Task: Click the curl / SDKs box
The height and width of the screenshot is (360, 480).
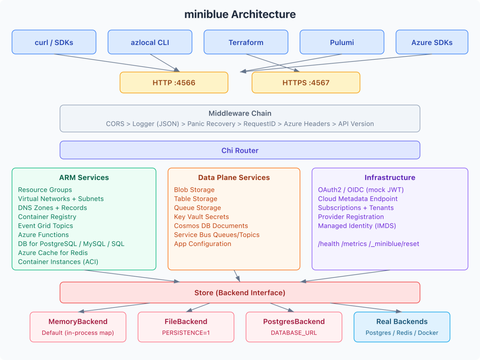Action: (54, 42)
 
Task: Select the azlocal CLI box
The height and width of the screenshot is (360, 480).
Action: (150, 42)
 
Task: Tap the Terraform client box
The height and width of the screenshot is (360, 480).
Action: (246, 42)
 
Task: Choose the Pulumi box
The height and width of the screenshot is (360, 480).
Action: (342, 42)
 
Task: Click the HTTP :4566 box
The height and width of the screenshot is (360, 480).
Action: (174, 83)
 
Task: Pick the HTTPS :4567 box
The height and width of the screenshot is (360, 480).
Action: (306, 83)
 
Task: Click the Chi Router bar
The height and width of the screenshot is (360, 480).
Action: (240, 150)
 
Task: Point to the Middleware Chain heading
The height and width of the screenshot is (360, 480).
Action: (240, 113)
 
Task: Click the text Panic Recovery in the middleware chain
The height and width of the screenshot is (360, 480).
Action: (211, 124)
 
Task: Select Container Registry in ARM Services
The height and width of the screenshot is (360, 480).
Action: (47, 217)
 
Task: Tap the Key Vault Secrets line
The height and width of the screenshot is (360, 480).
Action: (201, 217)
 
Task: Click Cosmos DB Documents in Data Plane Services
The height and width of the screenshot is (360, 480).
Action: (211, 226)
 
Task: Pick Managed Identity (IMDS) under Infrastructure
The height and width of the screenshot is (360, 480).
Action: (357, 226)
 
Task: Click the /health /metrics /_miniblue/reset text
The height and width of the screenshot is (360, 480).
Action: (368, 244)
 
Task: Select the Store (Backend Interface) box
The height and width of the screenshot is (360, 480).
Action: (240, 293)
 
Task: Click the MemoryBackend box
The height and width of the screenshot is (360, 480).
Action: (78, 327)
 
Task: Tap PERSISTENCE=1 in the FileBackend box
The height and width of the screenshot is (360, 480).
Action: (186, 333)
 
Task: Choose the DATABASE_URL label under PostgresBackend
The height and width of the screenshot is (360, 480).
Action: (294, 333)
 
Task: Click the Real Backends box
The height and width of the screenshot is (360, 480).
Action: (402, 327)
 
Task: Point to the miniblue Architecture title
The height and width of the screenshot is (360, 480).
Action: (240, 14)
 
